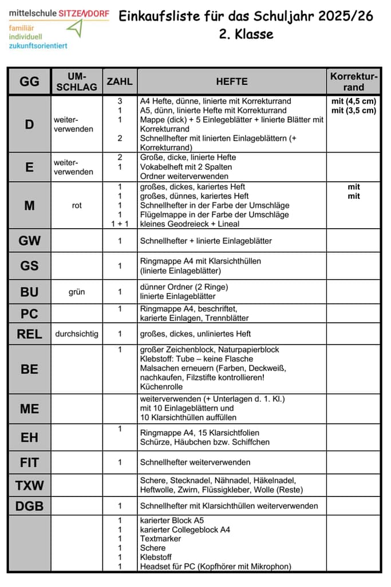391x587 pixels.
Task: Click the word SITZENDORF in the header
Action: click(84, 13)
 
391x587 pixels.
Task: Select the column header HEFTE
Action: click(232, 82)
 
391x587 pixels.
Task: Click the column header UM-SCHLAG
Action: click(77, 81)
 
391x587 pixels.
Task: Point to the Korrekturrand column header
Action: click(354, 82)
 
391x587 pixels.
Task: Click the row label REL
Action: click(29, 334)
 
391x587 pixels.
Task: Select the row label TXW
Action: click(29, 486)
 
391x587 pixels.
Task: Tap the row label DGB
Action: click(29, 506)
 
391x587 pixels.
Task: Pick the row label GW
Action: click(29, 241)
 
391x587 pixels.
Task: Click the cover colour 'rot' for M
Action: click(77, 205)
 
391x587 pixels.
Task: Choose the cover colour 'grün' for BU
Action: click(77, 292)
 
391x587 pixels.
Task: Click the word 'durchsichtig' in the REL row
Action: click(77, 334)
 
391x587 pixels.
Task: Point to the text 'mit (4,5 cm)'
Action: click(354, 101)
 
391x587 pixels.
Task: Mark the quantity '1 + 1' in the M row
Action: click(120, 224)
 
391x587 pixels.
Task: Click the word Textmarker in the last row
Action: click(160, 539)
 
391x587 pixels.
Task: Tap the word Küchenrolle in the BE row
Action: click(162, 387)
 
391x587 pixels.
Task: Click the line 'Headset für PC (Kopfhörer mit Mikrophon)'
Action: click(215, 566)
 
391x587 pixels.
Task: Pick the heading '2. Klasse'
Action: click(246, 34)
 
